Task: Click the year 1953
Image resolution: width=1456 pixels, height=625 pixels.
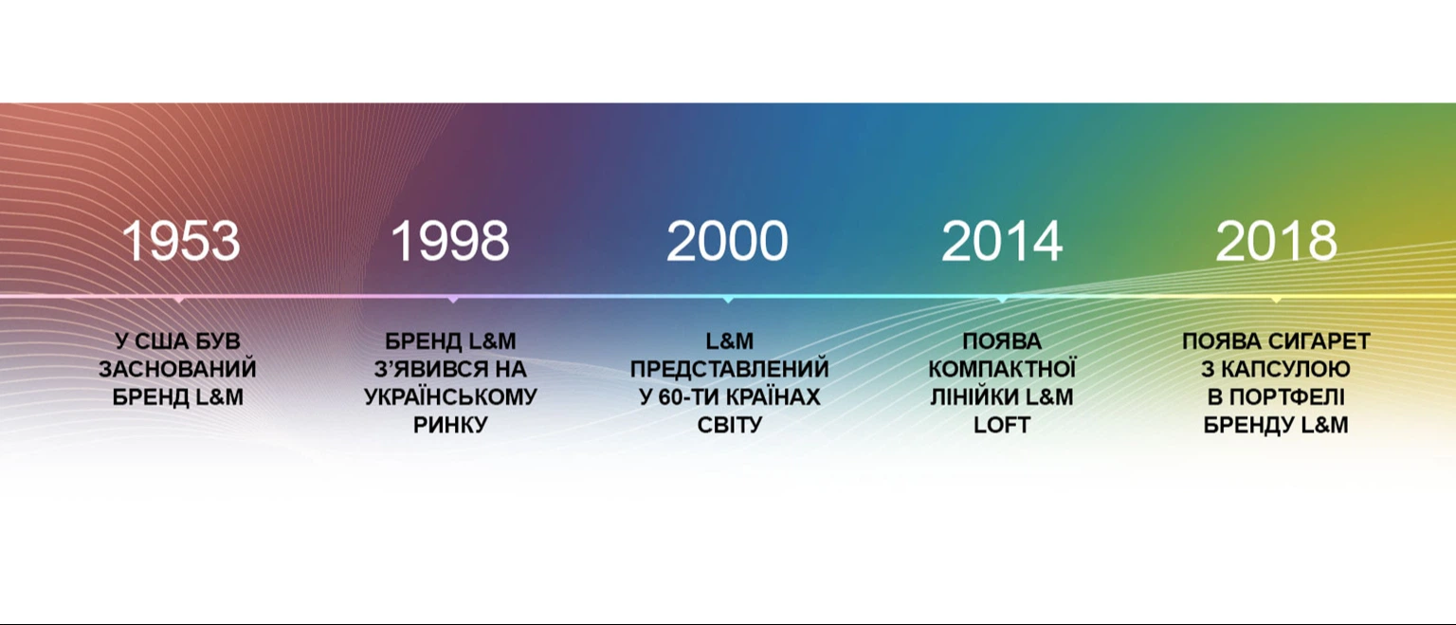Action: pyautogui.click(x=181, y=241)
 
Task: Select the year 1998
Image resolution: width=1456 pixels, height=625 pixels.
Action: pyautogui.click(x=450, y=241)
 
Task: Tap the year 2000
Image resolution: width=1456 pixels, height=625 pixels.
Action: pyautogui.click(x=727, y=241)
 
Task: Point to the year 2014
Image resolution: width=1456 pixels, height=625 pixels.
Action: pyautogui.click(x=1002, y=241)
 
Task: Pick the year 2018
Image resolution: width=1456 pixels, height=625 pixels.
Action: pyautogui.click(x=1276, y=241)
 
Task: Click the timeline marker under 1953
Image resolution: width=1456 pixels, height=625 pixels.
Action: pyautogui.click(x=179, y=299)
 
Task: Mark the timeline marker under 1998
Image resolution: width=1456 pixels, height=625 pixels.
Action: pyautogui.click(x=453, y=299)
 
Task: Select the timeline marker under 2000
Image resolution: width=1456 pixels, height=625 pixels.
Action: pyautogui.click(x=728, y=299)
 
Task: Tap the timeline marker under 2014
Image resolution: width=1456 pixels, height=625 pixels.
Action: pyautogui.click(x=1002, y=299)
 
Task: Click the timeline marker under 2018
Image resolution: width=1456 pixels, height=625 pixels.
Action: pyautogui.click(x=1276, y=299)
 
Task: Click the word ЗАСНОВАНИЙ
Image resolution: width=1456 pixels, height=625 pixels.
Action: pyautogui.click(x=177, y=370)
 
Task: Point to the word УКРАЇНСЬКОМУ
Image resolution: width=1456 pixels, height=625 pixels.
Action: pyautogui.click(x=450, y=396)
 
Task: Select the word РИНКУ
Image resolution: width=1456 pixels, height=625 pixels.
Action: pyautogui.click(x=450, y=425)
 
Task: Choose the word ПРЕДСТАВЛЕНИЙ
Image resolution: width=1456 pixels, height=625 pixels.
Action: pyautogui.click(x=729, y=370)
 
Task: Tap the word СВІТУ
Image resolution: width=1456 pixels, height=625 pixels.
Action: pyautogui.click(x=729, y=425)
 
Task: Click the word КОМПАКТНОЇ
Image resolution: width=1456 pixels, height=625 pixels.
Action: pyautogui.click(x=1002, y=370)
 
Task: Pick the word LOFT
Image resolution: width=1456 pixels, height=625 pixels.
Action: pyautogui.click(x=1002, y=425)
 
